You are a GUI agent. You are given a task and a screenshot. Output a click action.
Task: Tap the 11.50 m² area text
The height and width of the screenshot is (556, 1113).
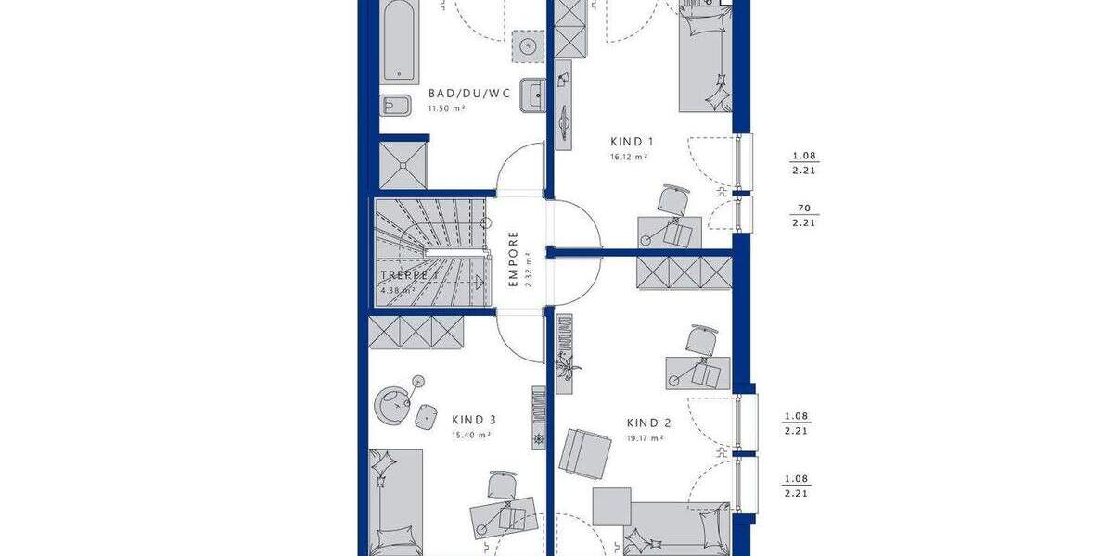pos(445,108)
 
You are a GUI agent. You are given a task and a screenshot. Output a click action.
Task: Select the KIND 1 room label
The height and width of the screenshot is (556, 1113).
pos(632,142)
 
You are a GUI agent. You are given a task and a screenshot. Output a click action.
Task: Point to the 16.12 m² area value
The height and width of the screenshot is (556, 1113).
pos(628,158)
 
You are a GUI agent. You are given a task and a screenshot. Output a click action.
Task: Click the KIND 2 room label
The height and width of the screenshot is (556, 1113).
pos(648,423)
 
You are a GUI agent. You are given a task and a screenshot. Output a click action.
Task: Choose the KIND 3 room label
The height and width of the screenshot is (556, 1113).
pos(474,419)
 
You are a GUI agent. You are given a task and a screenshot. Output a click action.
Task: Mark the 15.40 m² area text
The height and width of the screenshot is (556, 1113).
pos(471,434)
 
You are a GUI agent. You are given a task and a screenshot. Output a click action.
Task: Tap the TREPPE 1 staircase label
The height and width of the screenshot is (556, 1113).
pos(409,276)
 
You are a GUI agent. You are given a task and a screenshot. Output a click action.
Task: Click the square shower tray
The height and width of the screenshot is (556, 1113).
pos(404,164)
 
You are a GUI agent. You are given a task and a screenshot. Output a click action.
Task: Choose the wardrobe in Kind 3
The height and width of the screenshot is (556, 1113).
pos(415,334)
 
